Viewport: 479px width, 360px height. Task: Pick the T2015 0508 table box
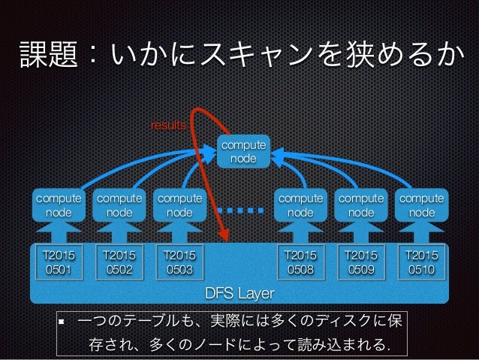[x=300, y=261]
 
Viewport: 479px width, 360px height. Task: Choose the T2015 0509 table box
[x=361, y=261]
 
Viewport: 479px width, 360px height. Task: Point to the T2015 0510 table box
[x=421, y=261]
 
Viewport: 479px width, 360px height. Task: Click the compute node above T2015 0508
[x=300, y=205]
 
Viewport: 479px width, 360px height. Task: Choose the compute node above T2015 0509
[x=361, y=205]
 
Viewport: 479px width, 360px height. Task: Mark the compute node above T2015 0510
[x=421, y=205]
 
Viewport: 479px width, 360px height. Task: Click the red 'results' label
[x=169, y=125]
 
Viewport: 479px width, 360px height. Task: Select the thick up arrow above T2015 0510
[x=421, y=230]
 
